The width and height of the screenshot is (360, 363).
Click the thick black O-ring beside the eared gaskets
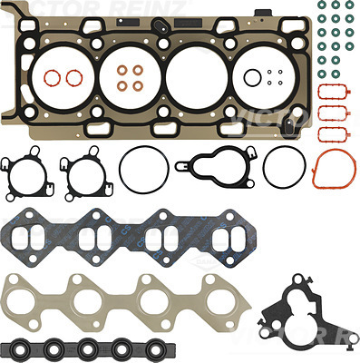(142, 170)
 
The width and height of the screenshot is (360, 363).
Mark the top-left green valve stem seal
(324, 5)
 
